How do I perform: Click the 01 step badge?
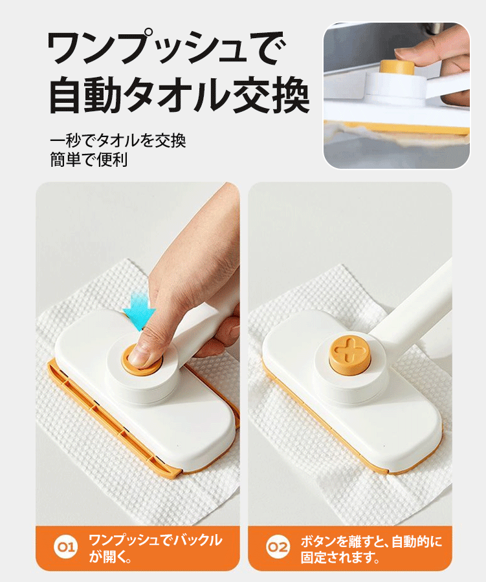pyautogui.click(x=67, y=548)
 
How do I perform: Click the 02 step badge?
pyautogui.click(x=278, y=548)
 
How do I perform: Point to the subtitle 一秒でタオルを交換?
pyautogui.click(x=122, y=140)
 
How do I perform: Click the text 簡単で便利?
pyautogui.click(x=89, y=159)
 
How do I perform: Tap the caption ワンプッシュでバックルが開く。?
pyautogui.click(x=155, y=548)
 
